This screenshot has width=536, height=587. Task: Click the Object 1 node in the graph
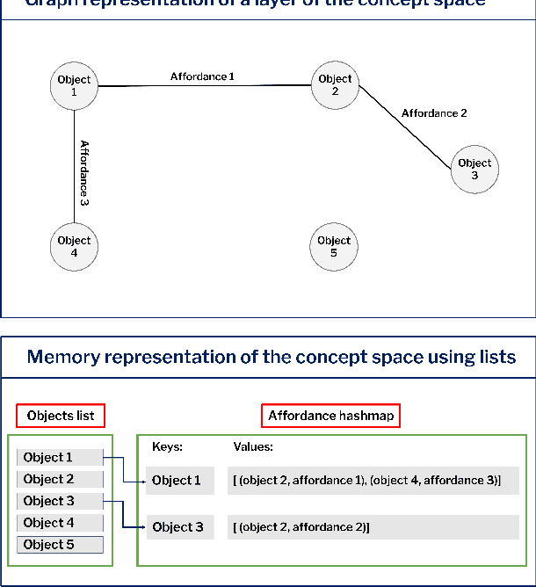coord(74,85)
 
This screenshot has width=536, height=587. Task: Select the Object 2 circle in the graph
coord(335,85)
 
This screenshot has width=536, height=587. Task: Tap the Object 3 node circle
coord(474,169)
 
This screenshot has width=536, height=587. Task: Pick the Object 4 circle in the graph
coord(74,246)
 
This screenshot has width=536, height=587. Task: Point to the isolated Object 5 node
coord(334,246)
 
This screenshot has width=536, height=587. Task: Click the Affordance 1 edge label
coord(202,76)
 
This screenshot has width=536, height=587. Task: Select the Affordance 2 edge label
coord(434,113)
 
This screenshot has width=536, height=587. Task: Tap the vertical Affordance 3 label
coord(84,172)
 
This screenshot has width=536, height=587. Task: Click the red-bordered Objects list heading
coord(62,416)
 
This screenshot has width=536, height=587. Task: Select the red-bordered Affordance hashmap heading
coord(330,416)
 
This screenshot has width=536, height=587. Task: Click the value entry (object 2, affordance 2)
coord(302,527)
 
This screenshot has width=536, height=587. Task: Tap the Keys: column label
coord(167,446)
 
